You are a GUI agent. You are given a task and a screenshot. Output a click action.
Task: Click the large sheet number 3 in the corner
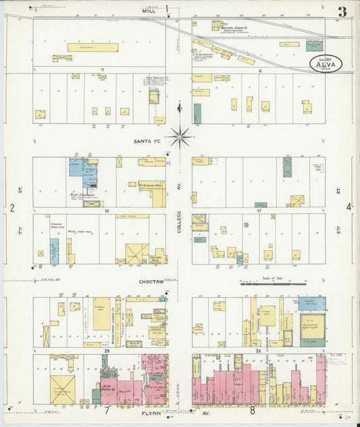[342, 11]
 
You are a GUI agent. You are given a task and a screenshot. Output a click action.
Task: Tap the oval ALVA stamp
[326, 64]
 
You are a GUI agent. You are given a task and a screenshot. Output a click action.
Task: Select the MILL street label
[149, 11]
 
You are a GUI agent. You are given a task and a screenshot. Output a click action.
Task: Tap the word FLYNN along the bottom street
[149, 409]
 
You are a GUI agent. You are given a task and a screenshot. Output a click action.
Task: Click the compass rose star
[180, 136]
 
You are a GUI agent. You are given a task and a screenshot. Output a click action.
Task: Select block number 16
[106, 211]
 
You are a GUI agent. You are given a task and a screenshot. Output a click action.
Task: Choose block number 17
[259, 211]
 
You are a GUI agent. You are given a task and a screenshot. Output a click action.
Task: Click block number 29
[106, 351]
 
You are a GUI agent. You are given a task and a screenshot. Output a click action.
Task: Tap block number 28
[259, 351]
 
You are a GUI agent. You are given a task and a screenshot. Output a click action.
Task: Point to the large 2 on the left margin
[11, 207]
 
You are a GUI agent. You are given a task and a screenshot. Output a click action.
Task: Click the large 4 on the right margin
[349, 207]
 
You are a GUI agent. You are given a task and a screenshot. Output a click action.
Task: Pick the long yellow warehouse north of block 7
[93, 48]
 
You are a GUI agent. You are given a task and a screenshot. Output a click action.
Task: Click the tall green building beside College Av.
[197, 113]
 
